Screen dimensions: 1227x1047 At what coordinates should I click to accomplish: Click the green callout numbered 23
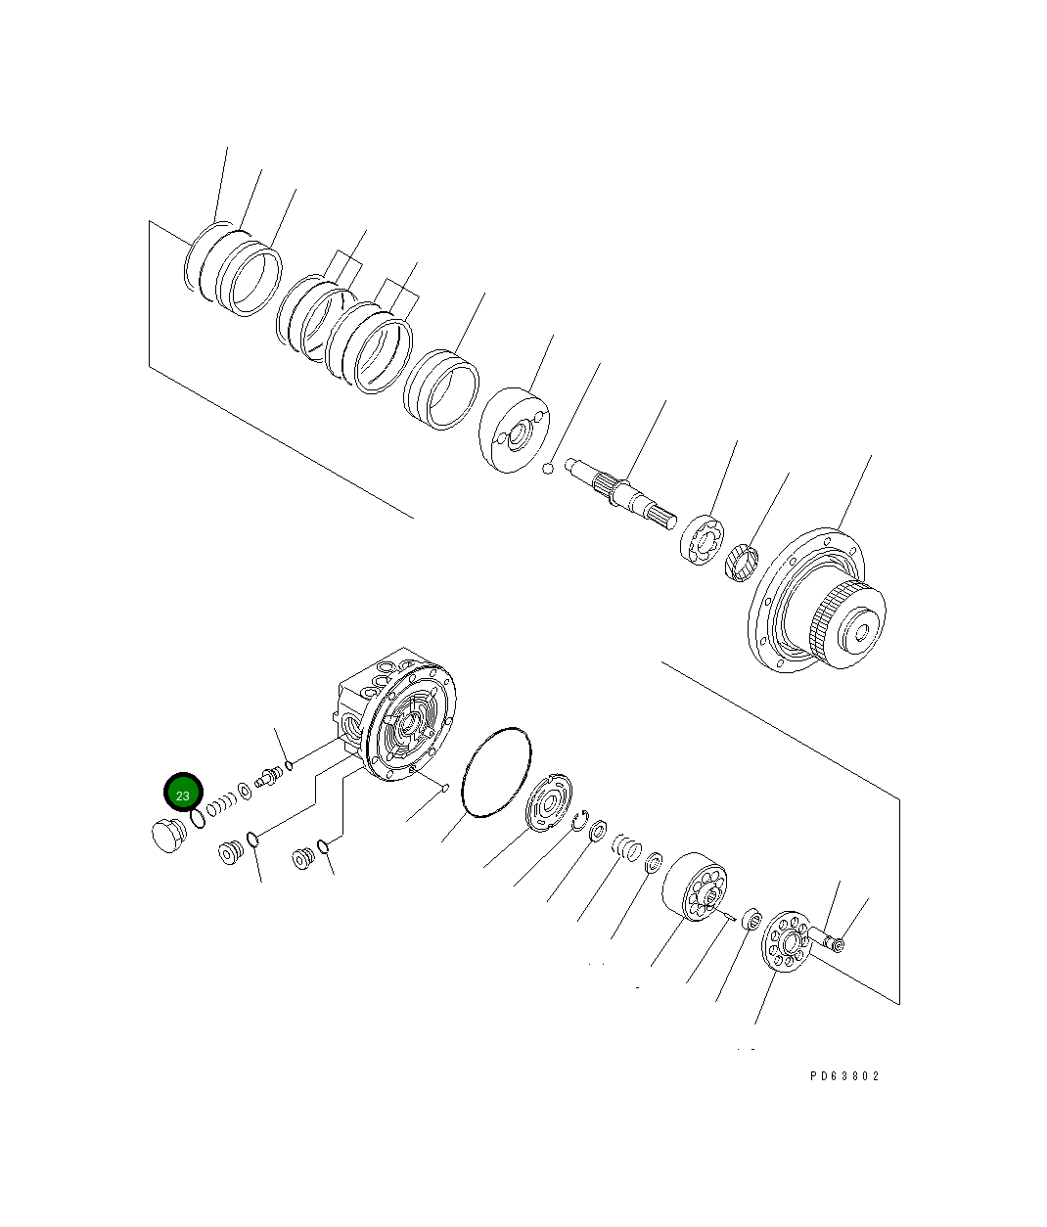tap(183, 794)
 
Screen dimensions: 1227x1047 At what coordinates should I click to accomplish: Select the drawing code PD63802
tap(844, 1075)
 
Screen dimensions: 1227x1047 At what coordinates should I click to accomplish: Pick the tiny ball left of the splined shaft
tap(549, 469)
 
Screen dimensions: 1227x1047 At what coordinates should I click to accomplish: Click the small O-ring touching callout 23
tap(199, 817)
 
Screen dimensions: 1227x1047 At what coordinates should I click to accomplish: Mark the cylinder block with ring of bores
tap(695, 887)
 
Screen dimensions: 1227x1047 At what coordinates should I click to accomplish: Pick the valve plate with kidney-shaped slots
tap(548, 803)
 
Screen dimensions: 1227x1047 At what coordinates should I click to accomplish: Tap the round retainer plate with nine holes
tap(785, 942)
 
